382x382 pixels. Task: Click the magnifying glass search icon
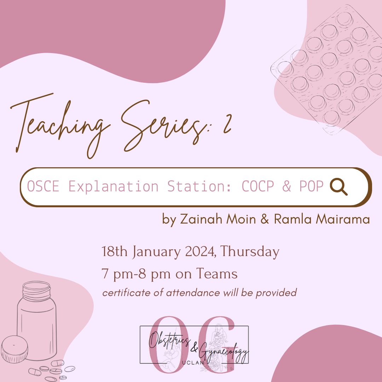[x=338, y=187]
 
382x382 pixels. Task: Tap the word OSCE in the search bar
[x=43, y=186]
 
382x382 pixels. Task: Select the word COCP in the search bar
[x=258, y=186]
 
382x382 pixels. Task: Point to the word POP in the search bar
[x=311, y=186]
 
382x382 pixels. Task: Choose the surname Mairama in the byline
[x=342, y=219]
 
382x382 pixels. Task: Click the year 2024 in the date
[x=199, y=252]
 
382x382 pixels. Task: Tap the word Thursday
[x=250, y=252]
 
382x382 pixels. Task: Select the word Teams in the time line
[x=217, y=273]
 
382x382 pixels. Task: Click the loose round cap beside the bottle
[x=15, y=349]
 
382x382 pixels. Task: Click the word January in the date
[x=156, y=252]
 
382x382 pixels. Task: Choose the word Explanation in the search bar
[x=113, y=187]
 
